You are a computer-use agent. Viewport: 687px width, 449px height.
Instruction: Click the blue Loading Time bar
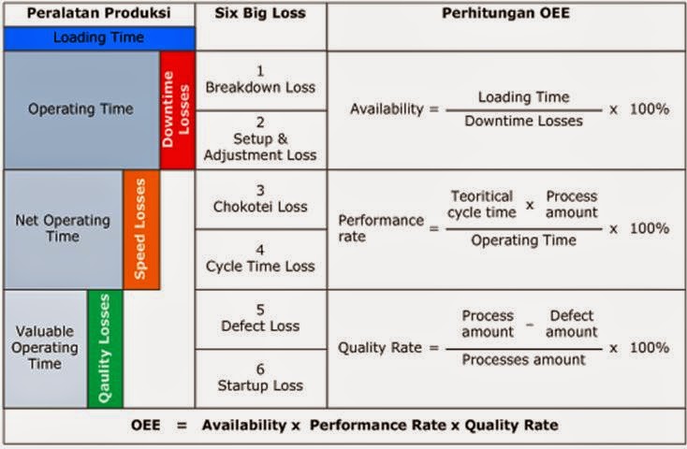click(98, 37)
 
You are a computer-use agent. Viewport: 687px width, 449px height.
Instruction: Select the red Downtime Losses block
click(177, 109)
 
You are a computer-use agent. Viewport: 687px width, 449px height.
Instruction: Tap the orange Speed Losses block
click(140, 229)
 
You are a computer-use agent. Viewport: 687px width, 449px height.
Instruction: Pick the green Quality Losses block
click(105, 348)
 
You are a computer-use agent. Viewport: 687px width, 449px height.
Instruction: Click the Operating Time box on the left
click(80, 109)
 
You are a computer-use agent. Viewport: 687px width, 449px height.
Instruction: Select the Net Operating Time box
click(63, 229)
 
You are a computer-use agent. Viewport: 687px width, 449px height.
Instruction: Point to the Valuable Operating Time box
click(45, 348)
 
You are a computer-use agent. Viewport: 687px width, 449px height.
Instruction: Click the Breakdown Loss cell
click(261, 80)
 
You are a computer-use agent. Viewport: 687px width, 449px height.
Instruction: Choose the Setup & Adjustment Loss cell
click(261, 139)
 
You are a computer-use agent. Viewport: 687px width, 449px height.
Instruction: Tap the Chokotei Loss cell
click(261, 199)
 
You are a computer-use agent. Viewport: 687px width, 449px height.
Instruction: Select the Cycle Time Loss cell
click(261, 259)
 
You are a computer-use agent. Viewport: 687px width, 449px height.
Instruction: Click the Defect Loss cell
click(261, 318)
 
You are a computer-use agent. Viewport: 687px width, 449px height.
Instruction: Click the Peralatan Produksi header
click(98, 13)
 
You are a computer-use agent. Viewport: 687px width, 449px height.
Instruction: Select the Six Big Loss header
click(261, 13)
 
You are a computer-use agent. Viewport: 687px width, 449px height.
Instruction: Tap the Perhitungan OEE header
click(506, 13)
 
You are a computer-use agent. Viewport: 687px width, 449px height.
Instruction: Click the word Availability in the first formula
click(387, 109)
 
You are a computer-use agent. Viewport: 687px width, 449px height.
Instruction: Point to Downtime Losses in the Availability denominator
click(523, 121)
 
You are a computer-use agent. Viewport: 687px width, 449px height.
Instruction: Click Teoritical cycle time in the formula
click(482, 205)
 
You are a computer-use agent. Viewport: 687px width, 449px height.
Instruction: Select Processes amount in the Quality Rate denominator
click(524, 359)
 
